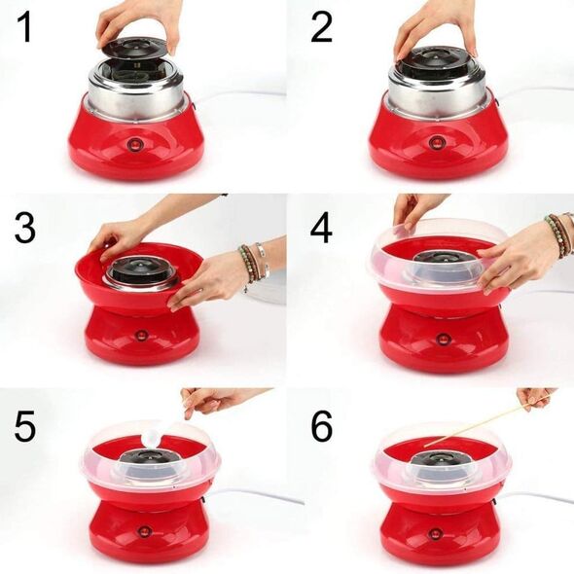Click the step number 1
25,26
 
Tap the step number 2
321,26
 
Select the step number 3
25,227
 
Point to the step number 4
321,228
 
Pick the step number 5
25,426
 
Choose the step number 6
322,426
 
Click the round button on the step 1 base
134,144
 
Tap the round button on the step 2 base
436,141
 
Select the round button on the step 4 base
443,339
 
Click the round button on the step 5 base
145,531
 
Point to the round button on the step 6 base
435,533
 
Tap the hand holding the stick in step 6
536,399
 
